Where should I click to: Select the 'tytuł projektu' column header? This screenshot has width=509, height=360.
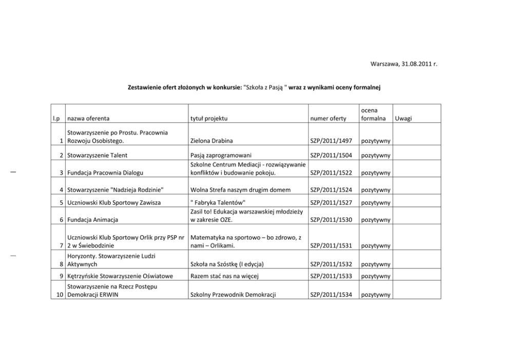pos(208,119)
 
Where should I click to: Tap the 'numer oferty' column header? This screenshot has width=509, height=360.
pos(328,119)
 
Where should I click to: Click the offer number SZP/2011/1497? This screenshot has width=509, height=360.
pos(331,141)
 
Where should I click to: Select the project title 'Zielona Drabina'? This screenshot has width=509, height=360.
pos(211,141)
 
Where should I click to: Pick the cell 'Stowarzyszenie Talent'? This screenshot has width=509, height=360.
pos(97,155)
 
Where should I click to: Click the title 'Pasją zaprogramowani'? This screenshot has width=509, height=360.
pos(221,155)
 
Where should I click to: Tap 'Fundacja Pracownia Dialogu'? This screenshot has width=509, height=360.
pos(105,173)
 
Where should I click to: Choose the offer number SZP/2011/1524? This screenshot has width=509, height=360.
pos(331,190)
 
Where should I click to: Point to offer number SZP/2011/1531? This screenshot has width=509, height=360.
pos(331,247)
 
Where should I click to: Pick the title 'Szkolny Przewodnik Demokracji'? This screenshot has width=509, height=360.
pos(233,295)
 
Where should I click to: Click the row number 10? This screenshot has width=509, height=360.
pos(60,295)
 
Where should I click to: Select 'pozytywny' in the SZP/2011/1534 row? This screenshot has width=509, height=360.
pos(376,295)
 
